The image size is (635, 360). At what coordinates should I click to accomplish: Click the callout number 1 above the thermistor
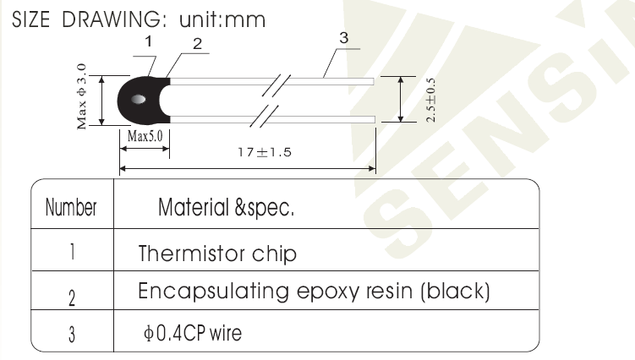point(149,41)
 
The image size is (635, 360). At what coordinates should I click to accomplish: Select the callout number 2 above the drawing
point(197,44)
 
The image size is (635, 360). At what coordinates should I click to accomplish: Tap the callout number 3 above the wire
point(344,38)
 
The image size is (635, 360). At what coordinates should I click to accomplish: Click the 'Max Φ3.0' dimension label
point(81,96)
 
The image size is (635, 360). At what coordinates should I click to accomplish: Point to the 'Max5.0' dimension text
point(145,136)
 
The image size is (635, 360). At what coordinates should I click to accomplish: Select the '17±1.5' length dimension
point(265,152)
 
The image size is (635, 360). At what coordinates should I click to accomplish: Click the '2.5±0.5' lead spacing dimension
point(430,100)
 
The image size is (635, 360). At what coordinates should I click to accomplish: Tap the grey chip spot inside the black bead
point(139,99)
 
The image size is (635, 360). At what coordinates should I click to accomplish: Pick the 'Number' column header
point(71,207)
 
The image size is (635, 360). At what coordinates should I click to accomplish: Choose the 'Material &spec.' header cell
point(226,207)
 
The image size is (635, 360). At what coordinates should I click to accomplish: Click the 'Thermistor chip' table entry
point(217,254)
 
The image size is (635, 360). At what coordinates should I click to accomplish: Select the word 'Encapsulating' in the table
point(214,292)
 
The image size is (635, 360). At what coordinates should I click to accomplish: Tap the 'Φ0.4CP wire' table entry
point(193,333)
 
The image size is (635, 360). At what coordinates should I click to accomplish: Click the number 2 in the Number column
point(72,298)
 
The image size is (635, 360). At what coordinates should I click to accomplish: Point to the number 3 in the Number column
point(72,335)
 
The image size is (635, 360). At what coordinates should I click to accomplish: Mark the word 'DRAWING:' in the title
point(114,19)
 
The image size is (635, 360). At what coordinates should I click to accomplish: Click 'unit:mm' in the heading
point(222,19)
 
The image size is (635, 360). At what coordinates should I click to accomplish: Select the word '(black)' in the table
point(455,292)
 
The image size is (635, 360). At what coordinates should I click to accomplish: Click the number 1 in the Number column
point(72,252)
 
